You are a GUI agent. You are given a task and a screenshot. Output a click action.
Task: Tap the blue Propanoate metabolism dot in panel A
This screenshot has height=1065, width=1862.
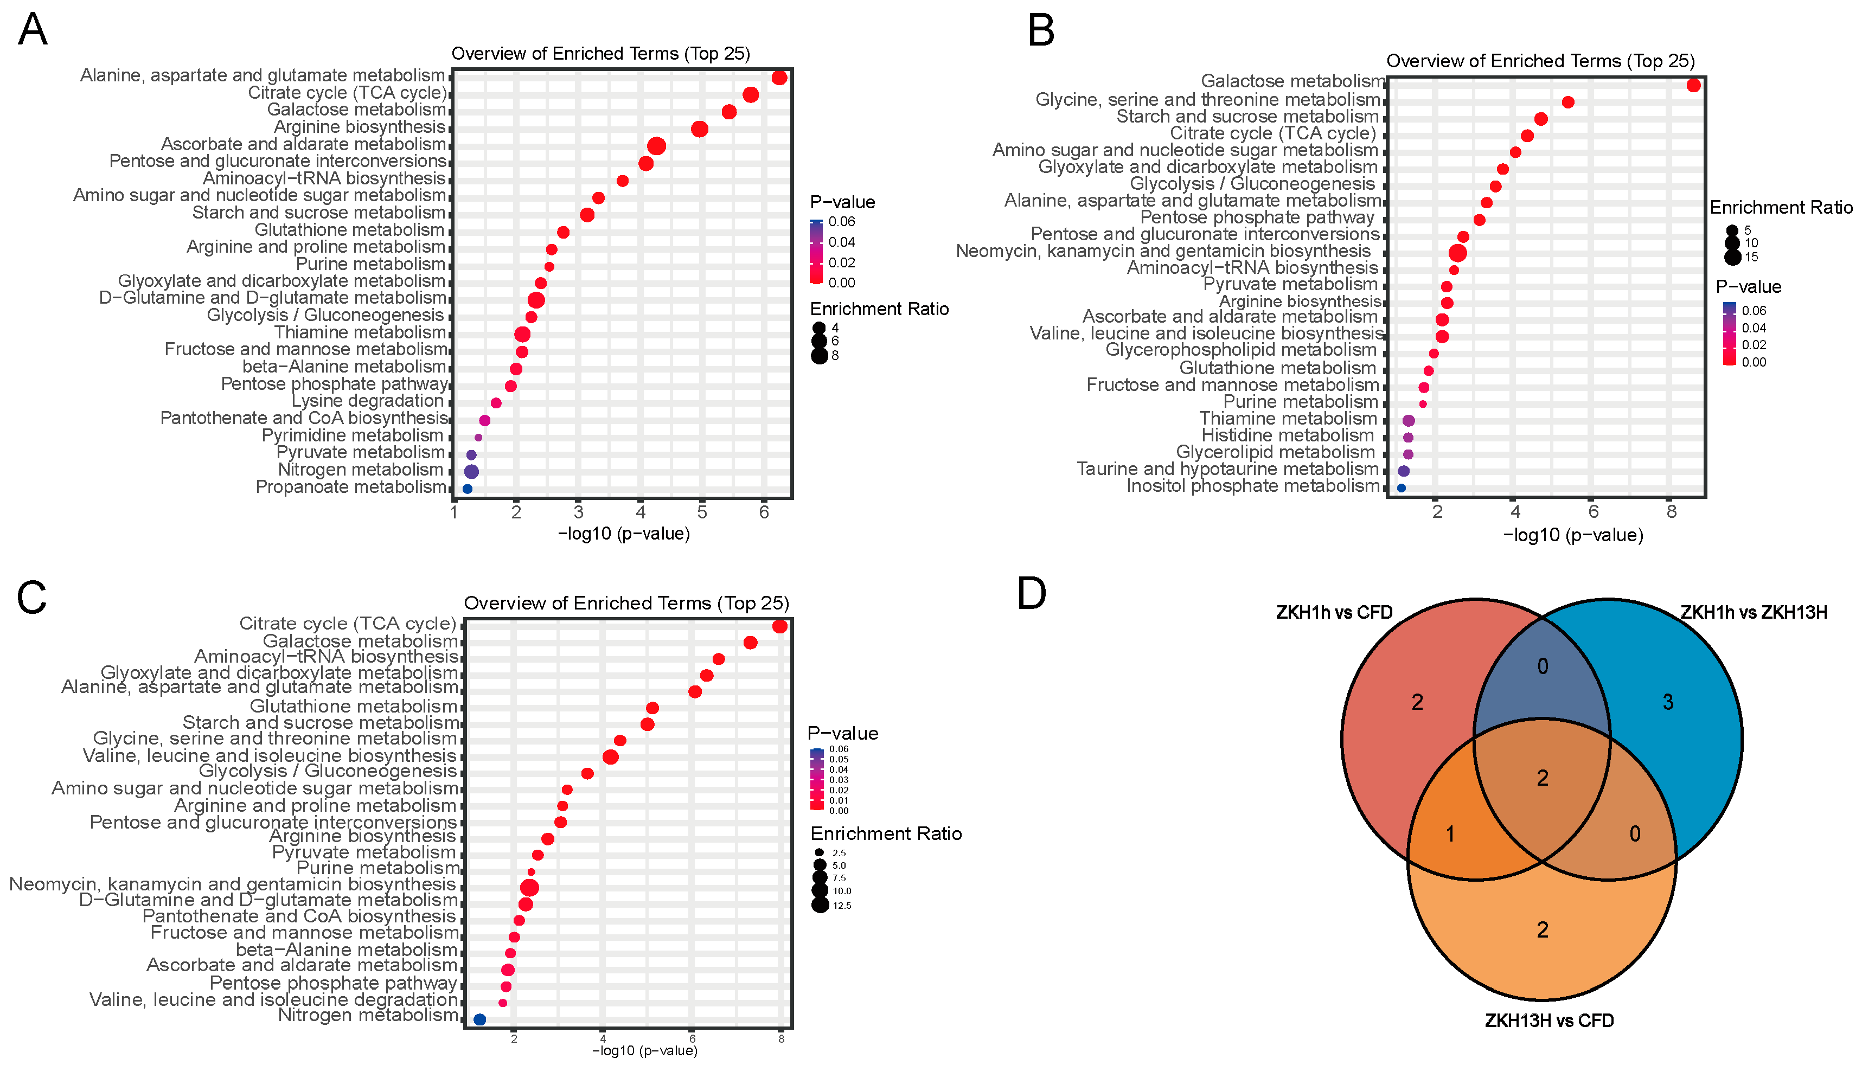(468, 489)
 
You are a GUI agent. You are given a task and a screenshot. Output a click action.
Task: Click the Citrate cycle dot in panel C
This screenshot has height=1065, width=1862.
(779, 626)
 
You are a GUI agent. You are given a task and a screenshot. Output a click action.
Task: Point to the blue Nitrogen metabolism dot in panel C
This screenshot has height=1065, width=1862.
(480, 1019)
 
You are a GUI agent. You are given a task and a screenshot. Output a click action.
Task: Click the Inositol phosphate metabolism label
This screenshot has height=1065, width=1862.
(1252, 486)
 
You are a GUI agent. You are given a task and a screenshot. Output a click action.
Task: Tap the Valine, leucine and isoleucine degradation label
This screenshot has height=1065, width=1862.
(273, 999)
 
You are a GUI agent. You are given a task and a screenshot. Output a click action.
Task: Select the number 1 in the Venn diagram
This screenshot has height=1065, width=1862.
(1450, 834)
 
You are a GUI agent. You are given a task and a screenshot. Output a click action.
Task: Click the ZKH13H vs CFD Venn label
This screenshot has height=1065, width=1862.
(1549, 1021)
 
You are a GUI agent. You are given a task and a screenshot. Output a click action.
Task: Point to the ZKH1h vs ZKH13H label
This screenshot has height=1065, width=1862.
(1753, 612)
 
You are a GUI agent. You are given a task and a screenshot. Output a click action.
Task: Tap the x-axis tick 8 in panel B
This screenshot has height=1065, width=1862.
(1671, 512)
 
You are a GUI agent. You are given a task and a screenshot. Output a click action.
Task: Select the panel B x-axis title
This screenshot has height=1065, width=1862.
(1573, 535)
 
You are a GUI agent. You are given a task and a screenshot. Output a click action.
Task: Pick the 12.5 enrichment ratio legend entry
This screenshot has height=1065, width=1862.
(841, 906)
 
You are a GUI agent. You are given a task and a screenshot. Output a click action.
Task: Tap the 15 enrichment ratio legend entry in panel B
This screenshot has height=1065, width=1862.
(1751, 256)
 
